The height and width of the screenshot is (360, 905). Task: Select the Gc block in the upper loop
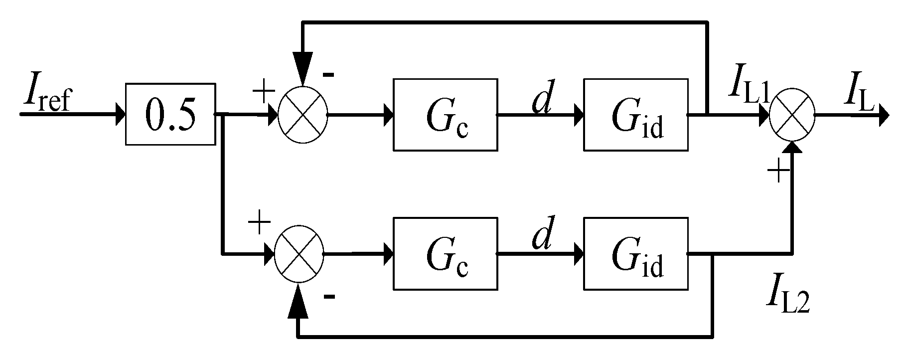(446, 115)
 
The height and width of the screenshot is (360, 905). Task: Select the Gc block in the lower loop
(446, 254)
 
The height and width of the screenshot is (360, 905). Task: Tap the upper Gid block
(636, 115)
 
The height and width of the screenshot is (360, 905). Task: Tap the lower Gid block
(636, 254)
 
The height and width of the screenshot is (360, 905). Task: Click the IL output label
(859, 91)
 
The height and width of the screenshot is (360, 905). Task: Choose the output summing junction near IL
(792, 115)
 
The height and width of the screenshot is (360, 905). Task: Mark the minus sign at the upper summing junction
(328, 75)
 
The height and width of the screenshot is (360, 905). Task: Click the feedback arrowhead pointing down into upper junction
(302, 70)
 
